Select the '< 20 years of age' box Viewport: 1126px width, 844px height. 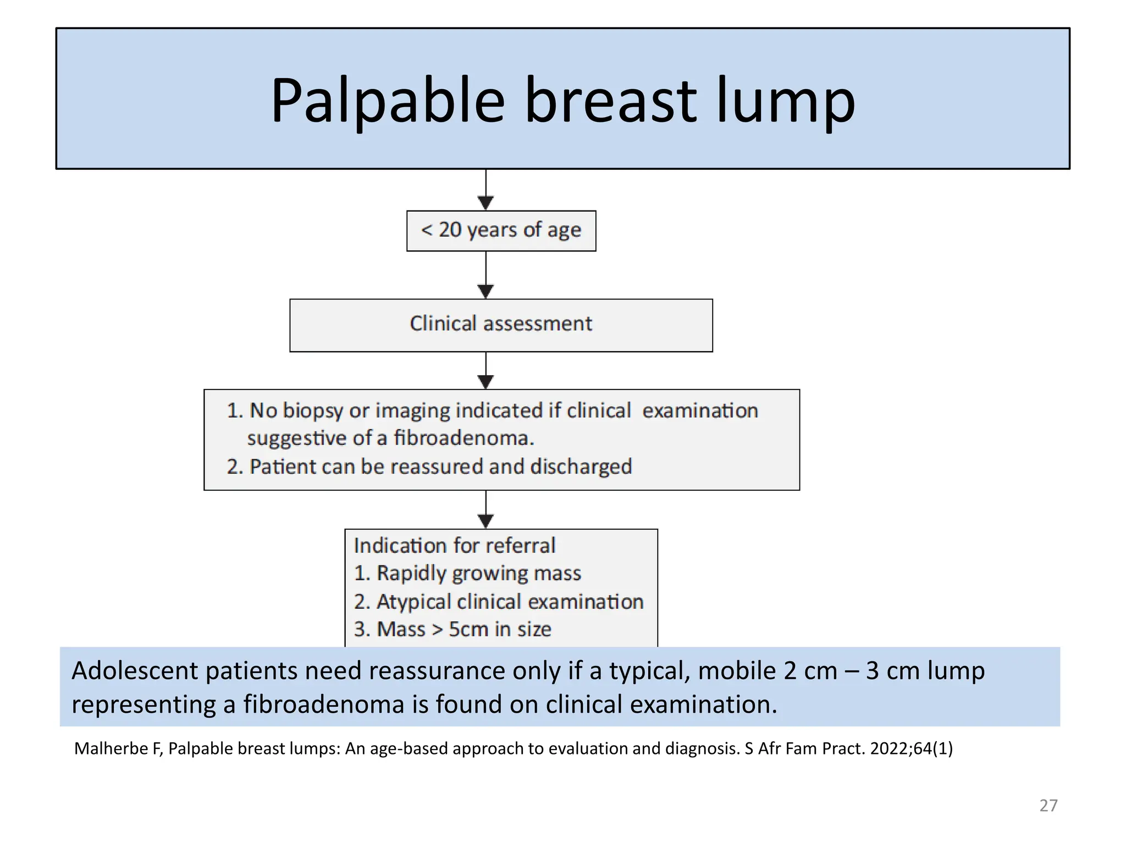[501, 231]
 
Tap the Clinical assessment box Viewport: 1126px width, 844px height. [501, 325]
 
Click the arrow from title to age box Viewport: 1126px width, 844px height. [486, 190]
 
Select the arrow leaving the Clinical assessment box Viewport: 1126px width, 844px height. [486, 371]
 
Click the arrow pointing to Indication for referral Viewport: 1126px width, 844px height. [486, 510]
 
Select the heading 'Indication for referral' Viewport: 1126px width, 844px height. [455, 546]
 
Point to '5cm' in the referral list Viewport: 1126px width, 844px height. [468, 629]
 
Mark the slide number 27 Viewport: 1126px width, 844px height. [1048, 806]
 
